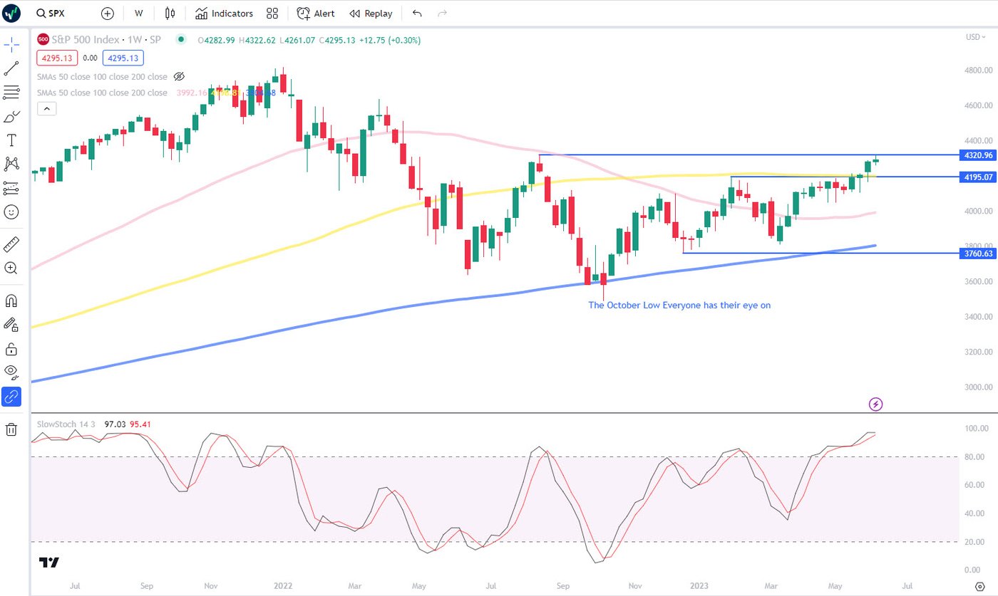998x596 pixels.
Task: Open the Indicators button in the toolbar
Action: point(224,14)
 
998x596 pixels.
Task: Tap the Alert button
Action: point(316,14)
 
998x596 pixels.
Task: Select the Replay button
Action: point(371,14)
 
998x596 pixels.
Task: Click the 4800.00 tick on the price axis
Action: point(978,70)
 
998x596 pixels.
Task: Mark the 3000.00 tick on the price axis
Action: point(978,387)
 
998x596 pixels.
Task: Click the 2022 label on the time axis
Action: point(283,586)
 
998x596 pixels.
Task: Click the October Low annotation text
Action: point(679,305)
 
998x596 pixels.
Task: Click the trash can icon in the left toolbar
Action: point(11,429)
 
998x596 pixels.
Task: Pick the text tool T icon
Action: point(11,140)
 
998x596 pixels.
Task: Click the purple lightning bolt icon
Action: point(876,404)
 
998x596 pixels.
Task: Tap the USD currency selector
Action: point(974,37)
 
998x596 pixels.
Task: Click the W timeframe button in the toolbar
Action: point(138,14)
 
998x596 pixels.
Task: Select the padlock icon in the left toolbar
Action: point(11,349)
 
